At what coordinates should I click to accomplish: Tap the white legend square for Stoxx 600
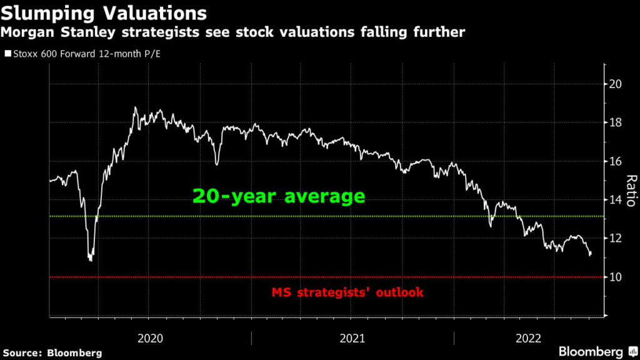(7, 54)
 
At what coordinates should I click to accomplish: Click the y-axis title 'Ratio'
(631, 191)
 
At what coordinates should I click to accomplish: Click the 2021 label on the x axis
(352, 338)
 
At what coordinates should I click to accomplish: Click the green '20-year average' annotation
(279, 196)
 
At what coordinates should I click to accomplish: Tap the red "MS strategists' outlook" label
(347, 292)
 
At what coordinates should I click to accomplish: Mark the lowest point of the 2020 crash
(91, 260)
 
